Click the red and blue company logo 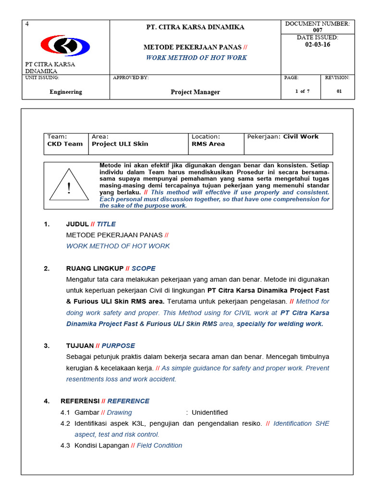65,46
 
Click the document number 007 318,30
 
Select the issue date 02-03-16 318,45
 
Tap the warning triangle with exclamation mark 69,185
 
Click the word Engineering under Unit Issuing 66,92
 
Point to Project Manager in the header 195,92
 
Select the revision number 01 339,92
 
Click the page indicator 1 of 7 302,92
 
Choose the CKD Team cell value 65,144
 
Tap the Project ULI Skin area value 120,144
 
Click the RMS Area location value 208,144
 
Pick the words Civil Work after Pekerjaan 301,136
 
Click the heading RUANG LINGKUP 95,269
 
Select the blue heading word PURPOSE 118,345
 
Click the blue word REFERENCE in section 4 128,401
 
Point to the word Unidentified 209,412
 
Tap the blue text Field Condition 160,445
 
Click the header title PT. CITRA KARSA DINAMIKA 195,27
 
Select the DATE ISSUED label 318,37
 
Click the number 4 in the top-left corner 27,24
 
